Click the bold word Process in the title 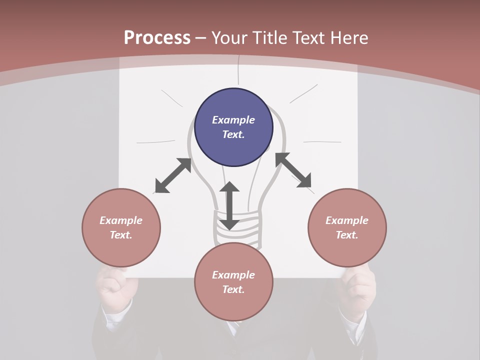click(157, 38)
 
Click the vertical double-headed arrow click(229, 206)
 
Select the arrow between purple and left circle click(173, 175)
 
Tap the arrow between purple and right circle click(293, 170)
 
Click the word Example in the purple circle click(233, 120)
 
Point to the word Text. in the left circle click(121, 235)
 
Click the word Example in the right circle click(347, 220)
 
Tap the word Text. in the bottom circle click(233, 289)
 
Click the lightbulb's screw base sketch click(238, 227)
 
